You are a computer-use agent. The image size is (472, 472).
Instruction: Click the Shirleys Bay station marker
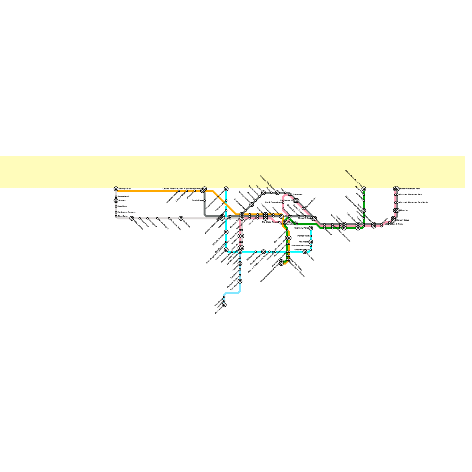click(116, 189)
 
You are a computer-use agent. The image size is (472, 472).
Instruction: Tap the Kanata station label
click(122, 201)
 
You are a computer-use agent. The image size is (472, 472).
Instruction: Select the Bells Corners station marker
click(132, 218)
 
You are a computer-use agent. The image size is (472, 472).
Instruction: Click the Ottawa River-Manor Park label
click(354, 178)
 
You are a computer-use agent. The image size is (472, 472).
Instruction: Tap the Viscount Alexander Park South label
click(413, 203)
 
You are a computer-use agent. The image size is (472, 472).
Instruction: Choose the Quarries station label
click(404, 210)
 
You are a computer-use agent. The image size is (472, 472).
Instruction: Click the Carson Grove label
click(402, 220)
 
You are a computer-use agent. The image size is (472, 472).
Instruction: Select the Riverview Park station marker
click(311, 228)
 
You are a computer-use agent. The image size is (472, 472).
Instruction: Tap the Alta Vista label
click(303, 242)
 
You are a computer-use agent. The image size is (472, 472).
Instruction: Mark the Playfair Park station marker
click(311, 236)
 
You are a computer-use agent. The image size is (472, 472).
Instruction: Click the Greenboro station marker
click(305, 252)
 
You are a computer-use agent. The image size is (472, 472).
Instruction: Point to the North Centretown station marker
click(283, 203)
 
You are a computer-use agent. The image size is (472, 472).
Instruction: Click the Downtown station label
click(297, 195)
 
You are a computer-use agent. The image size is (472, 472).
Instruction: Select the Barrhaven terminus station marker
click(224, 305)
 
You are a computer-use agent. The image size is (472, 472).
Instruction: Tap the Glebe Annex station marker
click(279, 222)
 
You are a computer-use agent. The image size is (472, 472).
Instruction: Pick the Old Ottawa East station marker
click(297, 224)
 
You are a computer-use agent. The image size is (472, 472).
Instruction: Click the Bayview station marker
click(263, 193)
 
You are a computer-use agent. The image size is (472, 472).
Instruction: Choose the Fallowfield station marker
click(240, 281)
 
